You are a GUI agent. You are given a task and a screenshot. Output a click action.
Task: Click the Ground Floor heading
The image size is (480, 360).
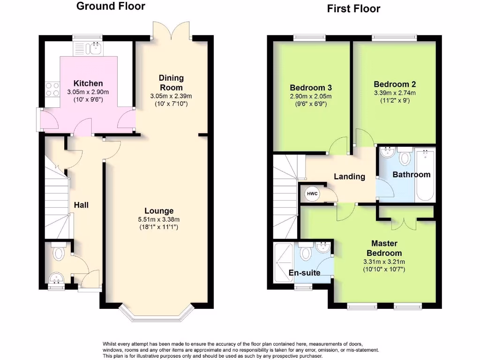(x=111, y=6)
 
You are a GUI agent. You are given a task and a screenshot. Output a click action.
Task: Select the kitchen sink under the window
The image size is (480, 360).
(x=96, y=47)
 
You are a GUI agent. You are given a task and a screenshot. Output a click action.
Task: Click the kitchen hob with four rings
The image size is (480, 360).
(x=51, y=89)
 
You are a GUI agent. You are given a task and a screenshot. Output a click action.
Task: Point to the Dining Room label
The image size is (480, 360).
(x=171, y=83)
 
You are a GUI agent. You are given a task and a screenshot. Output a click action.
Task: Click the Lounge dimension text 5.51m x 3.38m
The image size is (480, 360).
(x=159, y=219)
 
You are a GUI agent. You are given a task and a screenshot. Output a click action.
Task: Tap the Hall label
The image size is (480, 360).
(x=81, y=205)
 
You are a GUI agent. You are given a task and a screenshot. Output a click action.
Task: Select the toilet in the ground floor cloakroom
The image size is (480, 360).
(x=59, y=254)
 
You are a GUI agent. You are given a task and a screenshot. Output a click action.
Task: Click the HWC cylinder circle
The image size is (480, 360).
(x=311, y=194)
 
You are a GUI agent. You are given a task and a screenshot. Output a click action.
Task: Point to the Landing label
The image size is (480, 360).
(x=349, y=177)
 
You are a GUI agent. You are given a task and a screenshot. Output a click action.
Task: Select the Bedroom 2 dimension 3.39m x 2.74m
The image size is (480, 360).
(x=394, y=93)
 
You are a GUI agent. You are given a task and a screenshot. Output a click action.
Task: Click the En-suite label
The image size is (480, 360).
(x=305, y=272)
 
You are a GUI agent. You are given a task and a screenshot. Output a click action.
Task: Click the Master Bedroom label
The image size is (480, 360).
(x=384, y=248)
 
